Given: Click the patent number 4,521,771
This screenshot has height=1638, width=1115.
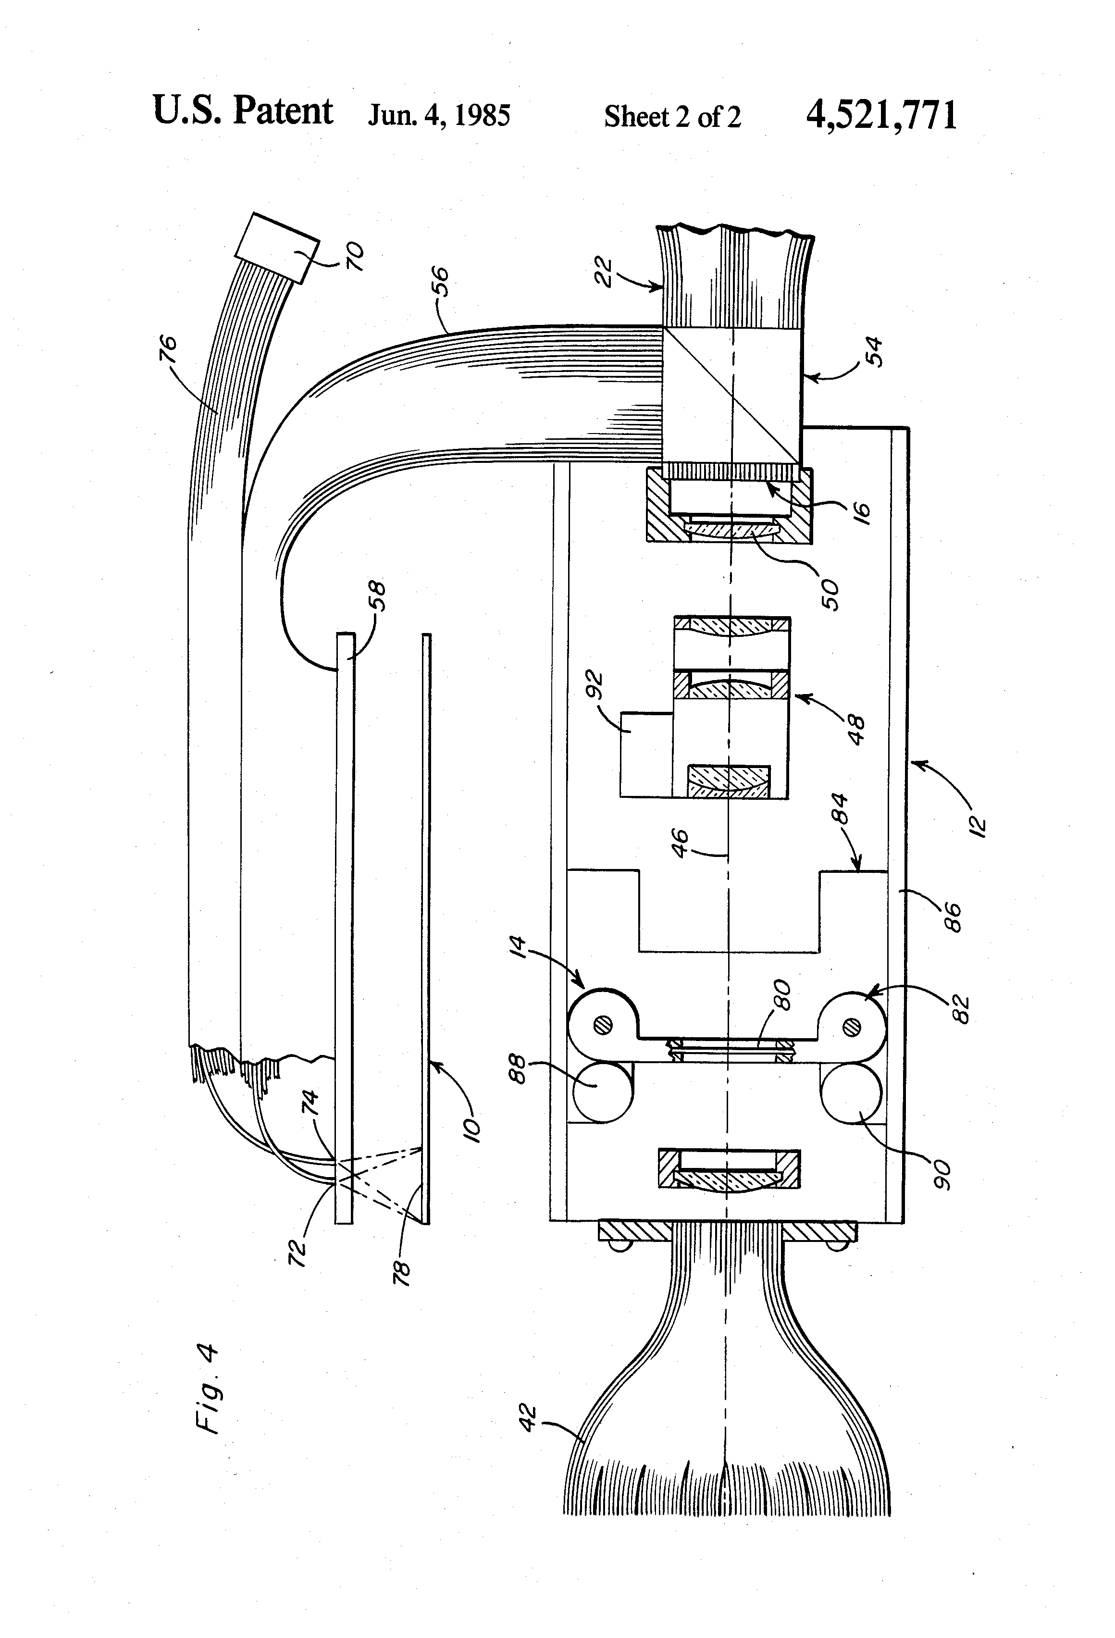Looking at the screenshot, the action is pos(882,115).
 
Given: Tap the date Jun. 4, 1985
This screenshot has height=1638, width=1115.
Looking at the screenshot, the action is pos(439,115).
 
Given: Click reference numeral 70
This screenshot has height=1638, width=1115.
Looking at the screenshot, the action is pos(355,257).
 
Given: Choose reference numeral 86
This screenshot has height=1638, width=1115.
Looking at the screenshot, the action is pos(952,917).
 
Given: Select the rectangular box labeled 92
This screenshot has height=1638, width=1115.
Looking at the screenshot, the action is pos(647,755).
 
